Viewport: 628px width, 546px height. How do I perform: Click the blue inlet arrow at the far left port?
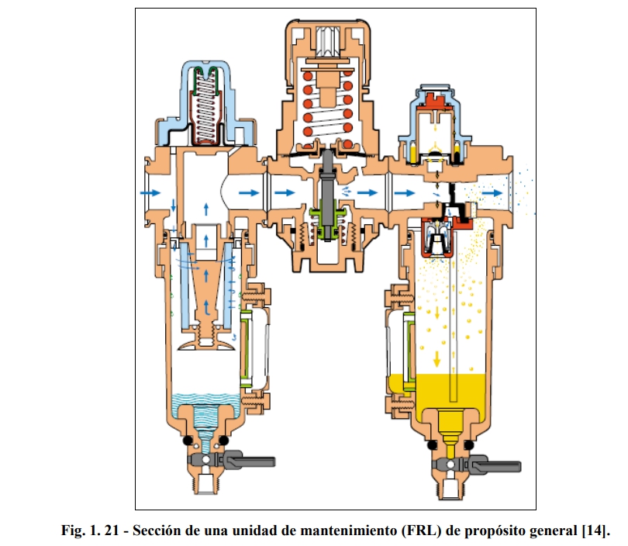(x=151, y=189)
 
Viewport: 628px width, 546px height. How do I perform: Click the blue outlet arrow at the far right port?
(x=491, y=190)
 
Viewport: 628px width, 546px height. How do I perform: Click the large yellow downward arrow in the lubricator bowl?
(x=438, y=355)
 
